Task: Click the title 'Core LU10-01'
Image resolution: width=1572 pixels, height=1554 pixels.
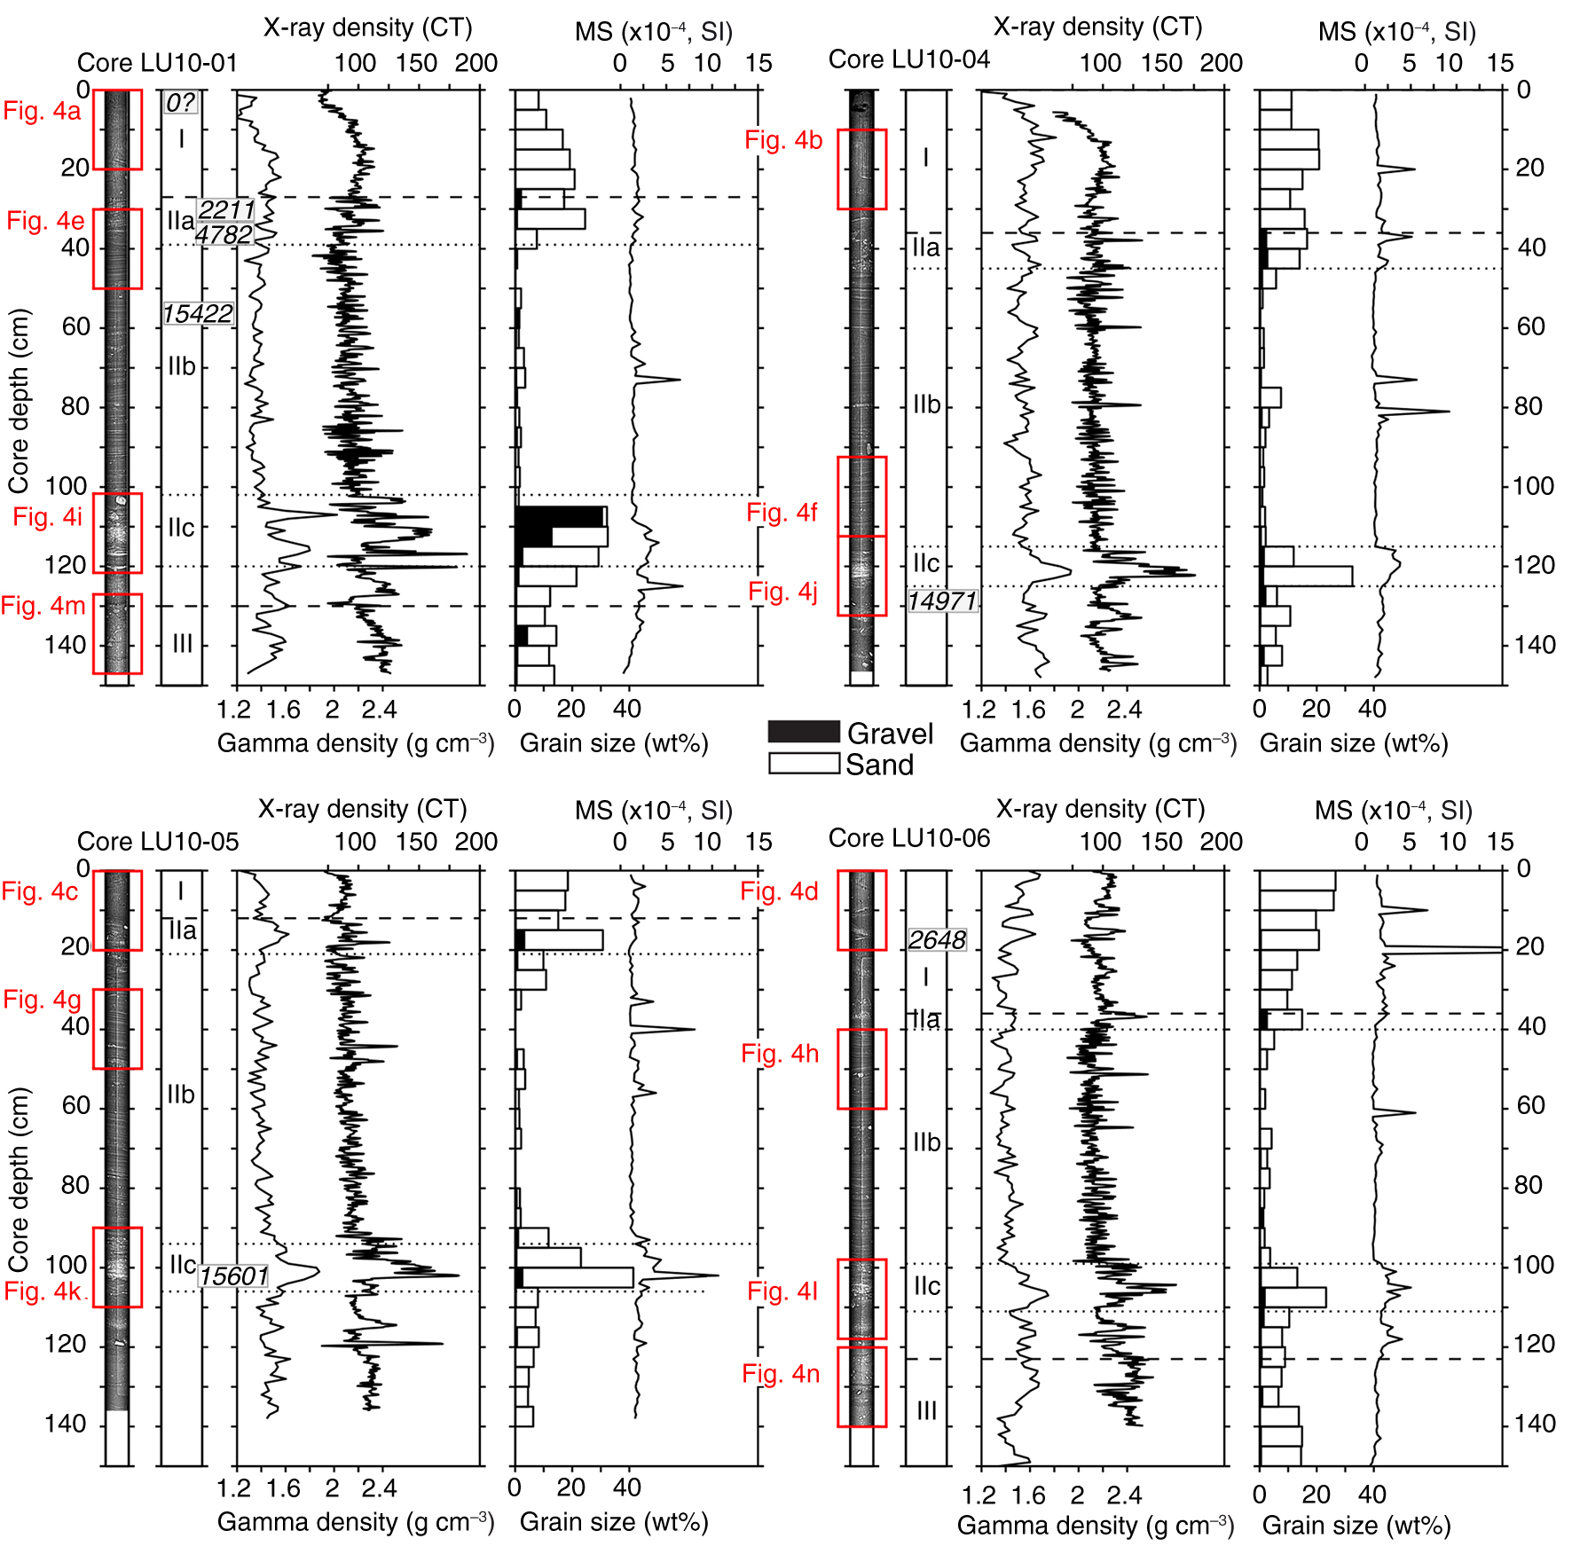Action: tap(157, 63)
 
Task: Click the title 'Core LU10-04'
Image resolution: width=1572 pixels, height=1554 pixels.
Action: tap(908, 59)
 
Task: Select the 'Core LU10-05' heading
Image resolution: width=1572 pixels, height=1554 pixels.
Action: tap(158, 841)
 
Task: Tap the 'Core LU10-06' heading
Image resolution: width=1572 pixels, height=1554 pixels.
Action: tap(908, 838)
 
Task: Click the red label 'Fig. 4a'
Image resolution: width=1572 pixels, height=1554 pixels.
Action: tap(42, 111)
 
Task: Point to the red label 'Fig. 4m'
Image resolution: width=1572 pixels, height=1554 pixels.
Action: tap(43, 606)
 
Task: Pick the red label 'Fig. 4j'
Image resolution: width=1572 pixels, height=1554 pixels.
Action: tap(782, 592)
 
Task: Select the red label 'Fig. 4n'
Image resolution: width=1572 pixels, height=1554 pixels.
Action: tap(781, 1374)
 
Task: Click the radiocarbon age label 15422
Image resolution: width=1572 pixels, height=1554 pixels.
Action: tap(197, 314)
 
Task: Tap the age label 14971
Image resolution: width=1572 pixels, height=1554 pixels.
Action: tap(941, 601)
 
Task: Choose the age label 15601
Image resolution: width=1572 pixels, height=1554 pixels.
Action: tap(233, 1276)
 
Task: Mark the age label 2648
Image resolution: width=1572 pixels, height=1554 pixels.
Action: tap(937, 940)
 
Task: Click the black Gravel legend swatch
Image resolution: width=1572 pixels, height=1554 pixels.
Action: tap(803, 732)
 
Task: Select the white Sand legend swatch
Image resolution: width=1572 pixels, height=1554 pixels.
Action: tap(803, 764)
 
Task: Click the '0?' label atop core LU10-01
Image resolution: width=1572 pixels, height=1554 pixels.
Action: tap(180, 103)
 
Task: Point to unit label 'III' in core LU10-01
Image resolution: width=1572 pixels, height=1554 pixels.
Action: tap(182, 644)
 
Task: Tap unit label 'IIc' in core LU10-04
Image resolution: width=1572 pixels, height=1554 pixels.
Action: tap(926, 563)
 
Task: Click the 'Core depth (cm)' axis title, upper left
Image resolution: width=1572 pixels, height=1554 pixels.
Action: tap(20, 401)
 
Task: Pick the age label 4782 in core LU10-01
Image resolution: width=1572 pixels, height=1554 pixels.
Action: tap(224, 235)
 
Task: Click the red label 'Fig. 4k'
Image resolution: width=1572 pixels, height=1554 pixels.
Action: tap(43, 1291)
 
